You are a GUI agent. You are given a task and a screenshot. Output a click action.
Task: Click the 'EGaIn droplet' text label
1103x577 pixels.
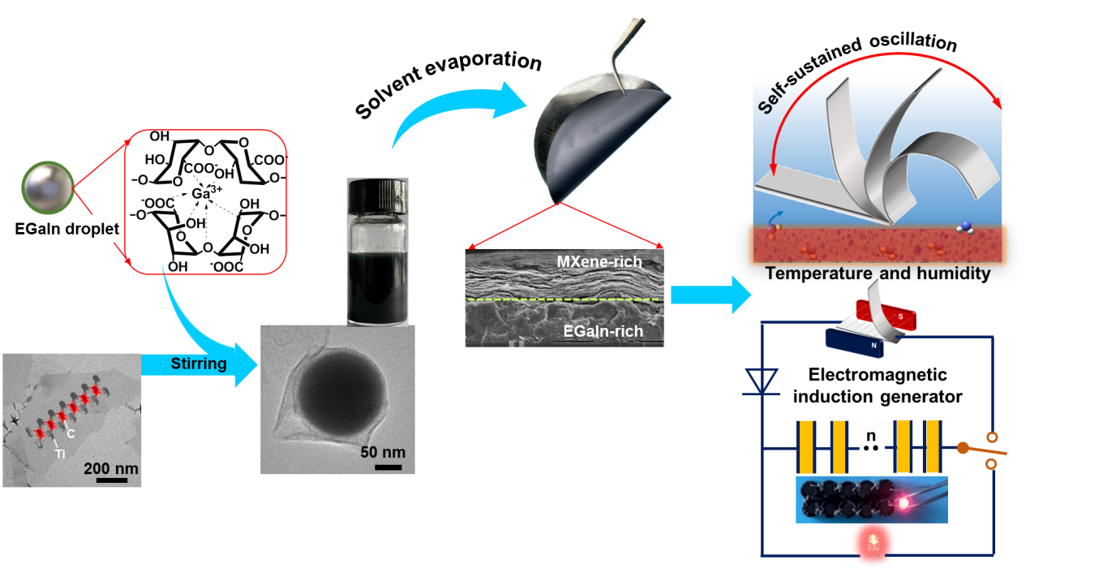coord(67,230)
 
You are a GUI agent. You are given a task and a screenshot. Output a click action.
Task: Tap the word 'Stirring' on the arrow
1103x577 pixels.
coord(199,364)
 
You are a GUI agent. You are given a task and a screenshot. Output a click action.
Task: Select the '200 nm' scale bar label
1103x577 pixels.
coord(111,468)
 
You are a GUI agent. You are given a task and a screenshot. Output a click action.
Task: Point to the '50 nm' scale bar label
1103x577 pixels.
coord(383,452)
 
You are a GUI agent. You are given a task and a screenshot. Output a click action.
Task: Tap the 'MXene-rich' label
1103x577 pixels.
coord(599,262)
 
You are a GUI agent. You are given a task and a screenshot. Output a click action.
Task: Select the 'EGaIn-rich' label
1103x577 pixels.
coord(603,331)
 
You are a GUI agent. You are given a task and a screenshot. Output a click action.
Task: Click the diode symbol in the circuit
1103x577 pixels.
coord(762,381)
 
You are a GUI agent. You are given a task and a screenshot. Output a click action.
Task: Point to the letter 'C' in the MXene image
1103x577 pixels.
coord(71,433)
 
